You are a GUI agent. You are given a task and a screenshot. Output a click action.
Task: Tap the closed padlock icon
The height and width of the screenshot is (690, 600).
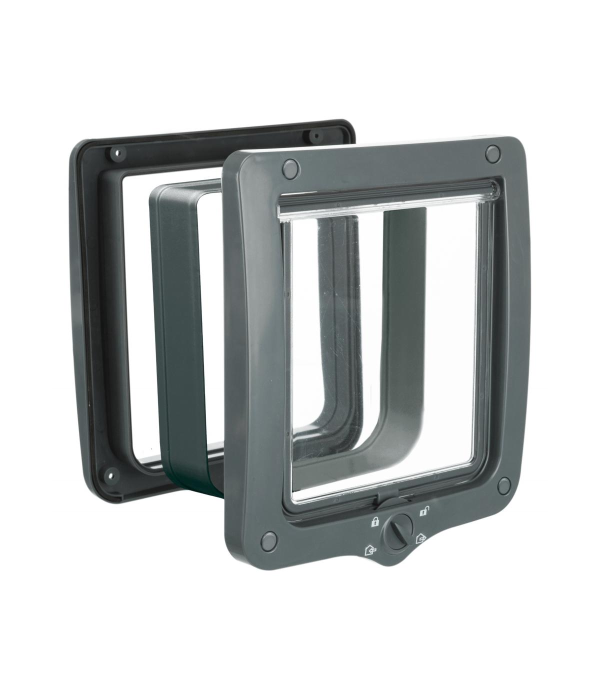pyautogui.click(x=373, y=522)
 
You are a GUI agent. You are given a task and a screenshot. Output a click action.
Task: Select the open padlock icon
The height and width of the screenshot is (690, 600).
pyautogui.click(x=423, y=511)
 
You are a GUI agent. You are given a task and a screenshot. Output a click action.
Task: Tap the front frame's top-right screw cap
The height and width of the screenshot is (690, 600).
pyautogui.click(x=492, y=151)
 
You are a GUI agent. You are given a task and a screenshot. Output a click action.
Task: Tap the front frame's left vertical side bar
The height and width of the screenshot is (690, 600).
pyautogui.click(x=255, y=350)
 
